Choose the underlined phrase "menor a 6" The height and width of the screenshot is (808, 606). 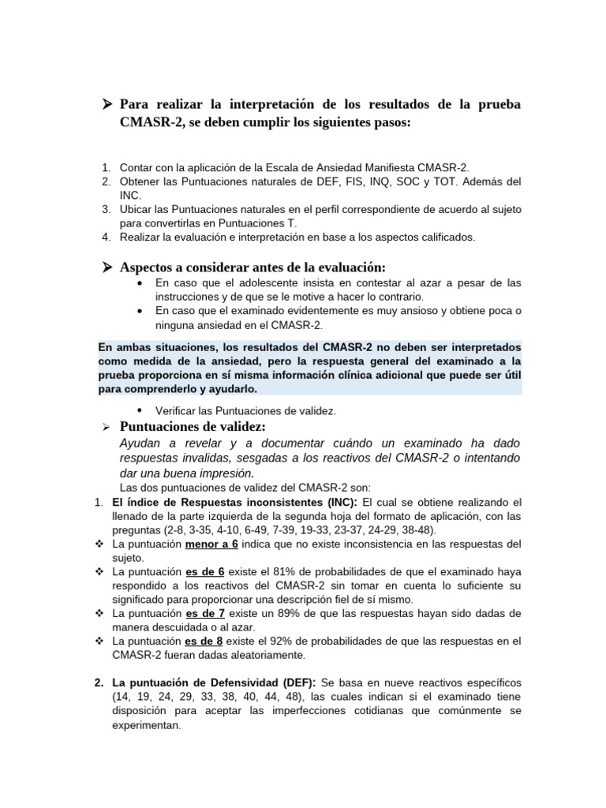click(212, 544)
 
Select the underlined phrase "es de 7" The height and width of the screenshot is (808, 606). click(204, 613)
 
